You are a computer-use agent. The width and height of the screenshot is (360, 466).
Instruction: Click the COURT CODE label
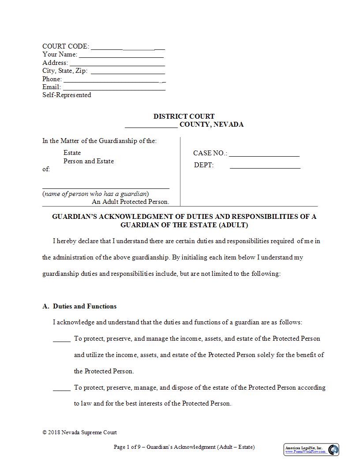coord(65,46)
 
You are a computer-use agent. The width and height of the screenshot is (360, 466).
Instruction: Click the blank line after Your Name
coord(121,56)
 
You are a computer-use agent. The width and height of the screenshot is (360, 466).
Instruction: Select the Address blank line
coord(117,64)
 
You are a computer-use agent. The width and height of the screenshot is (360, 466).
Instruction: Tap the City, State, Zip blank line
coord(127,73)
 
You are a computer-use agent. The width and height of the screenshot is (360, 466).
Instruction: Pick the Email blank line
coord(114,89)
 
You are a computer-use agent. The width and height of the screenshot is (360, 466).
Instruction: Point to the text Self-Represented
coord(67,95)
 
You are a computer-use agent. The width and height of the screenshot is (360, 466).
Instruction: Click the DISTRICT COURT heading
coord(184,116)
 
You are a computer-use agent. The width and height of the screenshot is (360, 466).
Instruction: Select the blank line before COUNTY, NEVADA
coord(151,126)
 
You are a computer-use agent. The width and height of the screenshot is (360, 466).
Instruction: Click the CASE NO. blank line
coord(264,156)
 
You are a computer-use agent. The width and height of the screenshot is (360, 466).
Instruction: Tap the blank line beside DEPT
coord(265,168)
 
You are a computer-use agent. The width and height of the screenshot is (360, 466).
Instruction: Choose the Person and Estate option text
coord(88,161)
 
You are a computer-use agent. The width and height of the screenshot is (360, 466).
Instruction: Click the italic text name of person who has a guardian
coord(95,194)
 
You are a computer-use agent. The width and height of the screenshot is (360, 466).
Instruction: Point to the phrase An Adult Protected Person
coord(130,202)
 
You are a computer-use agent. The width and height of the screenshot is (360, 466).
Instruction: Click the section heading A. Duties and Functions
coord(79,306)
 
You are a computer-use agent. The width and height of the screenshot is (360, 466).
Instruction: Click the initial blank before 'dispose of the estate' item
coord(62,390)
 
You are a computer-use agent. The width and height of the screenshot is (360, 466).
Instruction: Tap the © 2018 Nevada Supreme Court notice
coord(79,432)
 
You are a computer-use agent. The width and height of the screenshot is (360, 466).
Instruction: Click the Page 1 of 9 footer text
coord(184,447)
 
